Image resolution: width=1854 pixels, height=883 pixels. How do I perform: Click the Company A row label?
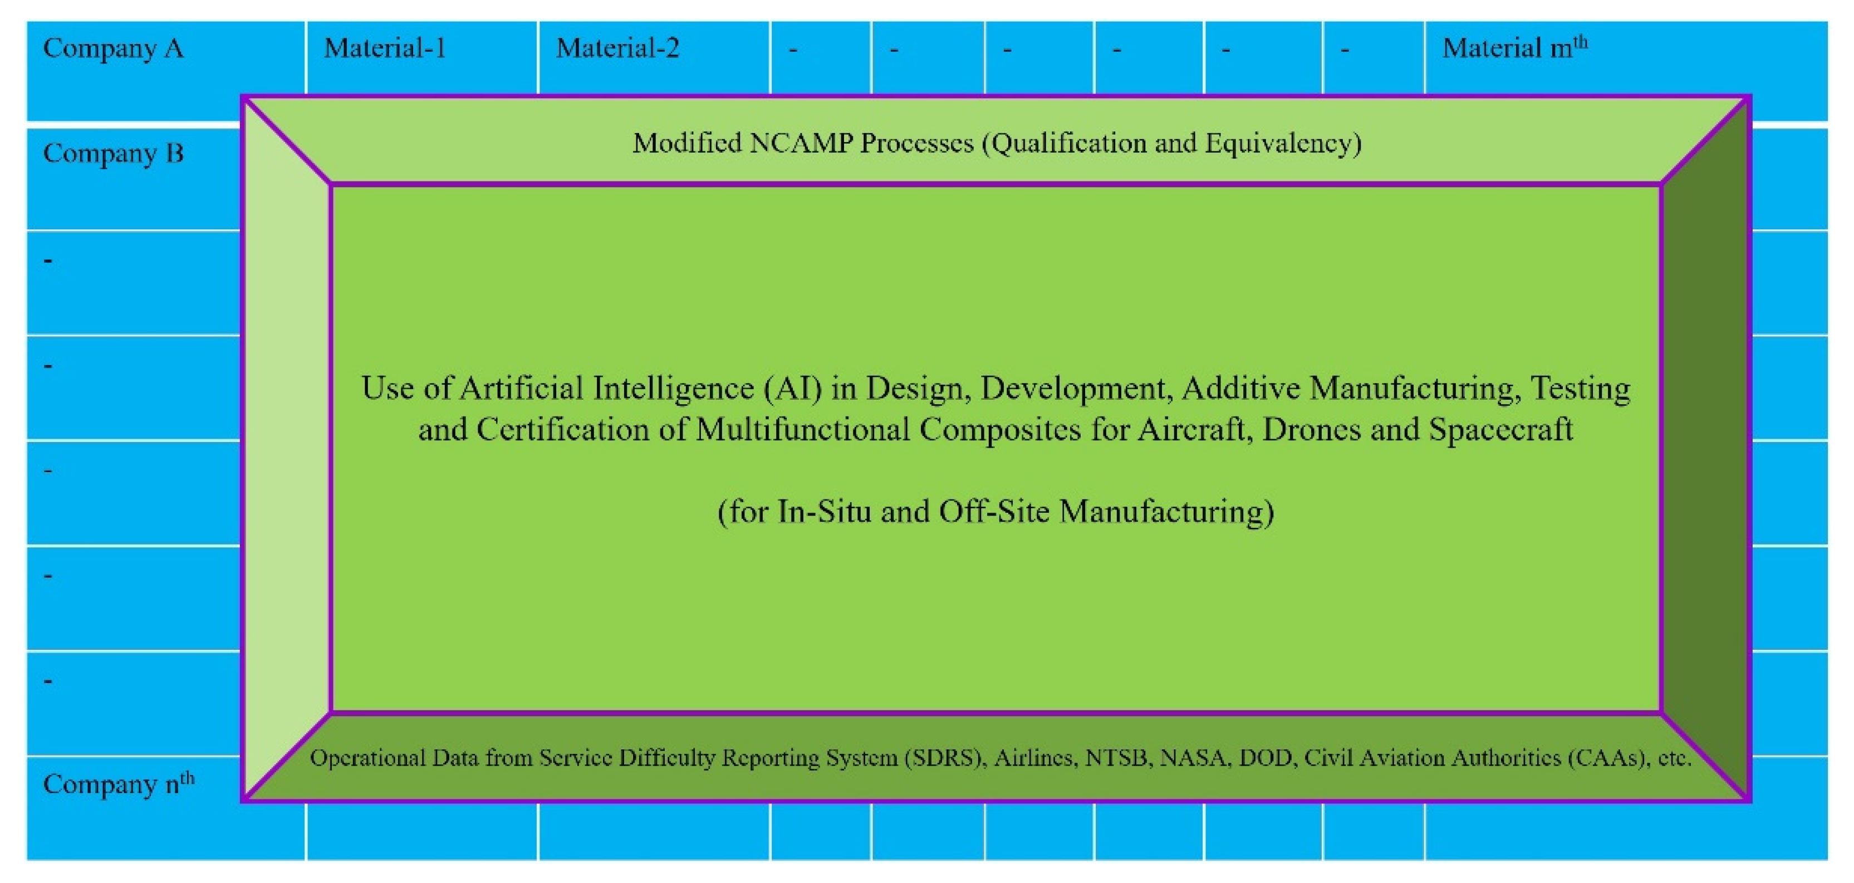point(113,49)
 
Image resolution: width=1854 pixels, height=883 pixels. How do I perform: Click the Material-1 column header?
point(385,48)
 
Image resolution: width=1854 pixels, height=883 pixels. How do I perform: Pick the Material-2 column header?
point(617,48)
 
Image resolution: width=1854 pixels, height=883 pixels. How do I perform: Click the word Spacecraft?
point(1500,430)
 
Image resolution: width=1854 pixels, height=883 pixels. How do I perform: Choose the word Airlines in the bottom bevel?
point(1036,758)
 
